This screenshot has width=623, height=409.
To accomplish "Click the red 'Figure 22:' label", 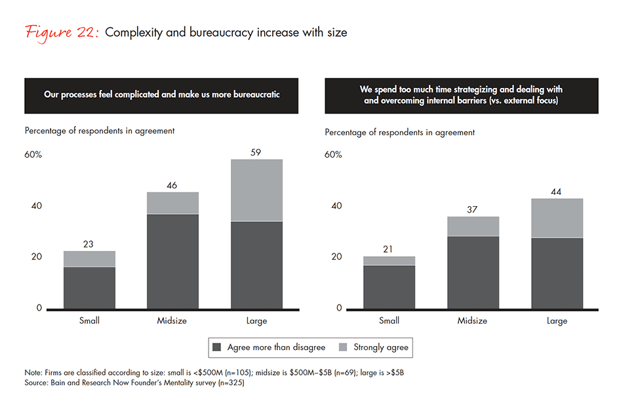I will pyautogui.click(x=61, y=32).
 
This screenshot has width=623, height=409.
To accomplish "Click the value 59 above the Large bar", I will pyautogui.click(x=256, y=152).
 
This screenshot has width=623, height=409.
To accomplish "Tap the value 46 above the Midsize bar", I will pyautogui.click(x=173, y=186).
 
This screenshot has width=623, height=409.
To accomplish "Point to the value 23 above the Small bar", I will pyautogui.click(x=89, y=244).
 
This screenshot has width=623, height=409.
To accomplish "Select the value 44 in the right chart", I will pyautogui.click(x=557, y=192).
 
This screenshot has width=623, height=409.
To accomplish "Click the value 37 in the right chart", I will pyautogui.click(x=473, y=209).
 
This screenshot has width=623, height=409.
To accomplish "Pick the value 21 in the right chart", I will pyautogui.click(x=389, y=249).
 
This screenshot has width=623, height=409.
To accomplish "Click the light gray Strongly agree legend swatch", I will pyautogui.click(x=343, y=347).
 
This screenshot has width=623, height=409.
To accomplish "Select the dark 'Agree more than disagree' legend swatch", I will pyautogui.click(x=217, y=347).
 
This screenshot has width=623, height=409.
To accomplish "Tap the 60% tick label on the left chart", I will pyautogui.click(x=33, y=155).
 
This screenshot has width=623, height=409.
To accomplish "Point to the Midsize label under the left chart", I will pyautogui.click(x=173, y=321).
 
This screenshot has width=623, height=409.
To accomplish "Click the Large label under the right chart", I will pyautogui.click(x=557, y=321).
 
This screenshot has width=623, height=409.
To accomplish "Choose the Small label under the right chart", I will pyautogui.click(x=389, y=321).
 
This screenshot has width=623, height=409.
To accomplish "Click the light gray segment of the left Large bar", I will pyautogui.click(x=256, y=190).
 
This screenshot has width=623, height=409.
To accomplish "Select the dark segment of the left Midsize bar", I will pyautogui.click(x=173, y=261).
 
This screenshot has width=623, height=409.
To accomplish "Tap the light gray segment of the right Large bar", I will pyautogui.click(x=557, y=218).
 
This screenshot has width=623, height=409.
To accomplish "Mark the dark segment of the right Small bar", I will pyautogui.click(x=389, y=287).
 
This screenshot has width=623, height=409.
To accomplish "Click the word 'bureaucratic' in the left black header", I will pyautogui.click(x=254, y=95).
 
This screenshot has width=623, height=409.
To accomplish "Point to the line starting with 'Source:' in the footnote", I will pyautogui.click(x=134, y=383).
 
